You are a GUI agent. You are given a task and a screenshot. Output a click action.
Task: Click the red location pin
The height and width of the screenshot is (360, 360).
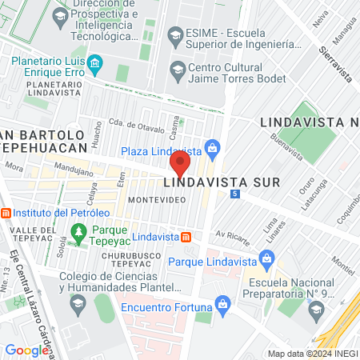tap(179, 165)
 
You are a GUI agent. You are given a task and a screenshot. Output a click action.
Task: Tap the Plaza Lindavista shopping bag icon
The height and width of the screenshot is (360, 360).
tap(212, 148)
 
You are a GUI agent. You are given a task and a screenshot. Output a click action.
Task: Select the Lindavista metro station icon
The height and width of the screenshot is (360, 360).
tap(186, 237)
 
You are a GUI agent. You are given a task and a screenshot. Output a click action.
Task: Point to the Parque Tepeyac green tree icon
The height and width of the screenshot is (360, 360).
tap(79, 233)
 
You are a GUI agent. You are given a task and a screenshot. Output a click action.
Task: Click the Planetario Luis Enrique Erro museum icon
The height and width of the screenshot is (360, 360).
tap(94, 62)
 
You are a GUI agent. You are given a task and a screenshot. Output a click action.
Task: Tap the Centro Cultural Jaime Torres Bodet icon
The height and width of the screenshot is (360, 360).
tap(177, 70)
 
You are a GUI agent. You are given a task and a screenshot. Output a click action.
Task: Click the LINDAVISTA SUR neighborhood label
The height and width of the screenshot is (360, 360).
tap(222, 182)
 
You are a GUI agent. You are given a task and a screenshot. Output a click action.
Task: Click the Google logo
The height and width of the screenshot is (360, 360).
tap(26, 350)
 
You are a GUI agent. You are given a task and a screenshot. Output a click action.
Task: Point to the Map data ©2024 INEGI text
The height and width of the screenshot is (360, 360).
tap(312, 354)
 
